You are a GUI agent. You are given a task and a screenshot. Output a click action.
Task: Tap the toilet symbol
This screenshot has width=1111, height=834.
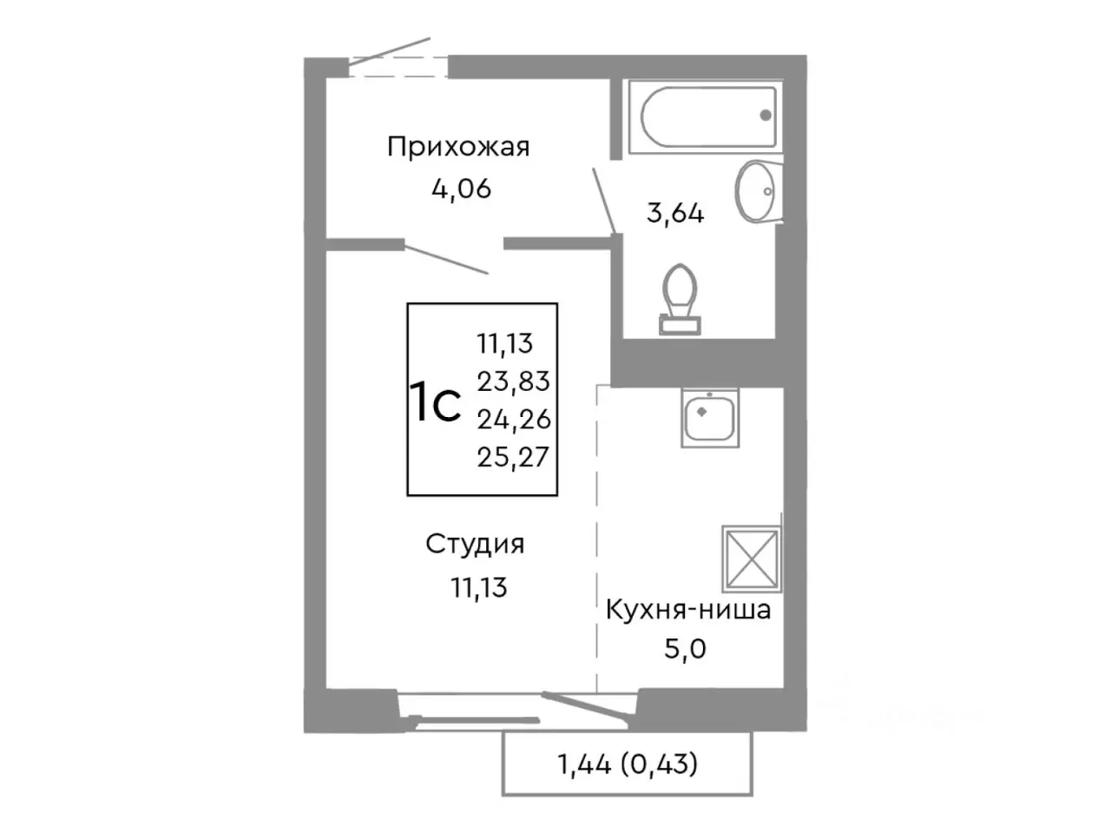[x=679, y=298]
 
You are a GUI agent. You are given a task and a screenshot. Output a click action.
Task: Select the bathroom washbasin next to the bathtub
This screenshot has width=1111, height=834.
[x=757, y=191]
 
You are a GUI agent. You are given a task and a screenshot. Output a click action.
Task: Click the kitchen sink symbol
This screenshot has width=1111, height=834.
[x=710, y=418]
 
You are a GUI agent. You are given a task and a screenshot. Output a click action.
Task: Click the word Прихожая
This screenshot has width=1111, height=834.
[x=457, y=147]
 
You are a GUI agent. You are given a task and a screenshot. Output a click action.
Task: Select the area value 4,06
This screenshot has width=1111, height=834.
[x=461, y=188]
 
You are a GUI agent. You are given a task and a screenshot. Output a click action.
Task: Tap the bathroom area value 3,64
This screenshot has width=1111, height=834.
[x=674, y=213]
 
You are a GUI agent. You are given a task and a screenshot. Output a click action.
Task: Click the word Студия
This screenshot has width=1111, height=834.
[x=475, y=545]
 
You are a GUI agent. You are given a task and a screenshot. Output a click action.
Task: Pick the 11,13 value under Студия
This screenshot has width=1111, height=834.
[x=478, y=588]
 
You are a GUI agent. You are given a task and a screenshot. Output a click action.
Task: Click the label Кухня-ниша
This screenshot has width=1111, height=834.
[x=687, y=610]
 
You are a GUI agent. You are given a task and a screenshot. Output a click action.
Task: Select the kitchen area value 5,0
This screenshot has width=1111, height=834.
[x=685, y=648]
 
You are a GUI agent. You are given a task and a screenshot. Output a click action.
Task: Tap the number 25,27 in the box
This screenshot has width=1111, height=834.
[x=513, y=457]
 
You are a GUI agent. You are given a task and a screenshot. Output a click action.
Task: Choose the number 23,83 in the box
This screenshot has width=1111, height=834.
[x=513, y=381]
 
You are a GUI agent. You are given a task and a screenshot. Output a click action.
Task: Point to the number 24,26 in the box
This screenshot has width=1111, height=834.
[x=513, y=419]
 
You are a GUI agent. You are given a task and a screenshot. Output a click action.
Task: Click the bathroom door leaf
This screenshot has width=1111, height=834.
[x=604, y=201]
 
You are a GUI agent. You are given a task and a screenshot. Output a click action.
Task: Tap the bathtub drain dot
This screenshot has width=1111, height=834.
[x=765, y=115]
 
